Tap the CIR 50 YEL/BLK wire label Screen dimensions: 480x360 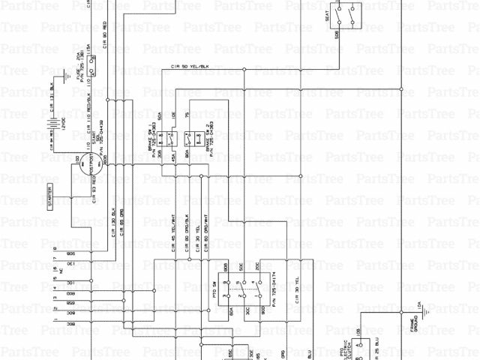click(x=196, y=70)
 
